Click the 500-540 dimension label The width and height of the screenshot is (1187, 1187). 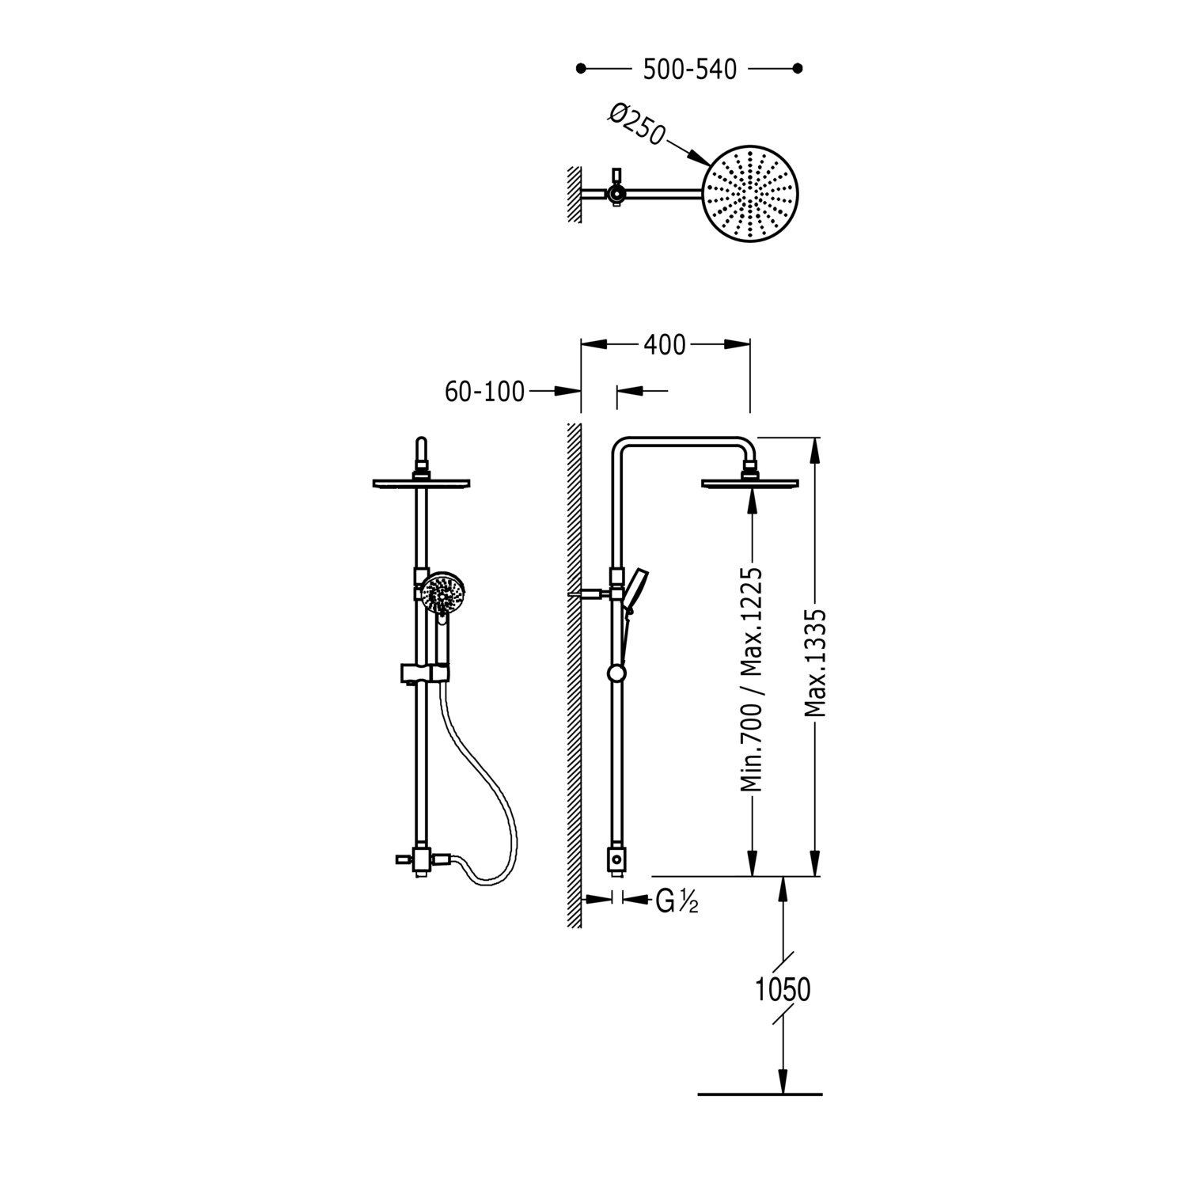(x=689, y=70)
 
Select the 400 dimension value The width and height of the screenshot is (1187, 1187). (x=665, y=345)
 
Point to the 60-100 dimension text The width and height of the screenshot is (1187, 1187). (x=484, y=391)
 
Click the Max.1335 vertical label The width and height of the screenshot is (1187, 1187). (x=816, y=663)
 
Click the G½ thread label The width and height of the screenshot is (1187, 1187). (x=677, y=901)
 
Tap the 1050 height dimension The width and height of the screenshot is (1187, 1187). (x=783, y=989)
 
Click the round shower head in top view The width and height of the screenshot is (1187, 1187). (x=751, y=193)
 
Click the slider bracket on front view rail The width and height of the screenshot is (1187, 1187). (x=423, y=673)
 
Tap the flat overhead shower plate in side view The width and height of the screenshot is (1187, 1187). (x=749, y=483)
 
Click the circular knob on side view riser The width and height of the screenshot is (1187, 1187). (x=616, y=673)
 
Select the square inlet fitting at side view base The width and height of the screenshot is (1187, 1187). (x=616, y=859)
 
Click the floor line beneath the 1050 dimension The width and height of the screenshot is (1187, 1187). (x=760, y=1094)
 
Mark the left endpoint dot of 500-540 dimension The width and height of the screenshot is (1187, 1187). (x=581, y=69)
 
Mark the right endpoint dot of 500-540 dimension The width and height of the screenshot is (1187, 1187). (x=798, y=69)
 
